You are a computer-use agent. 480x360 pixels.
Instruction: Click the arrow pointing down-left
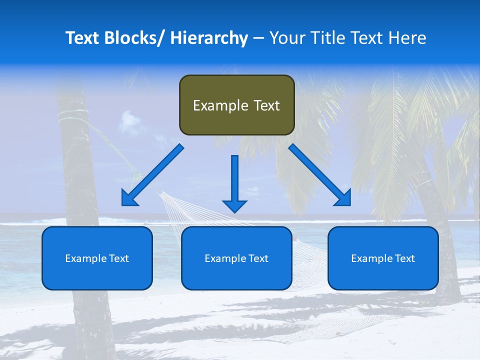[x=152, y=175]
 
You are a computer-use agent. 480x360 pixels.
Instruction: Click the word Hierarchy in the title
[x=208, y=38]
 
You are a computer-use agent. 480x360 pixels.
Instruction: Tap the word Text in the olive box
[x=266, y=105]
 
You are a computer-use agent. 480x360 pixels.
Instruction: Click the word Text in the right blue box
[x=404, y=258]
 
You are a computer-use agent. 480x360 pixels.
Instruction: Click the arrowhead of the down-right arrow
[x=343, y=197]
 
